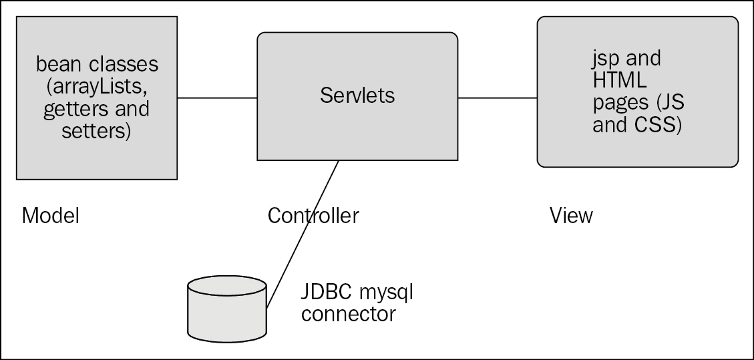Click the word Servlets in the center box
[357, 96]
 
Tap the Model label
[51, 216]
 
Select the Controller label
[313, 216]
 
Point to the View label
[570, 216]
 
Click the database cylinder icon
[227, 307]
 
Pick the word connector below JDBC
[348, 313]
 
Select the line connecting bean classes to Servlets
[217, 98]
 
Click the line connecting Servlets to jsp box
[498, 98]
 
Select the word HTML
[619, 81]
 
